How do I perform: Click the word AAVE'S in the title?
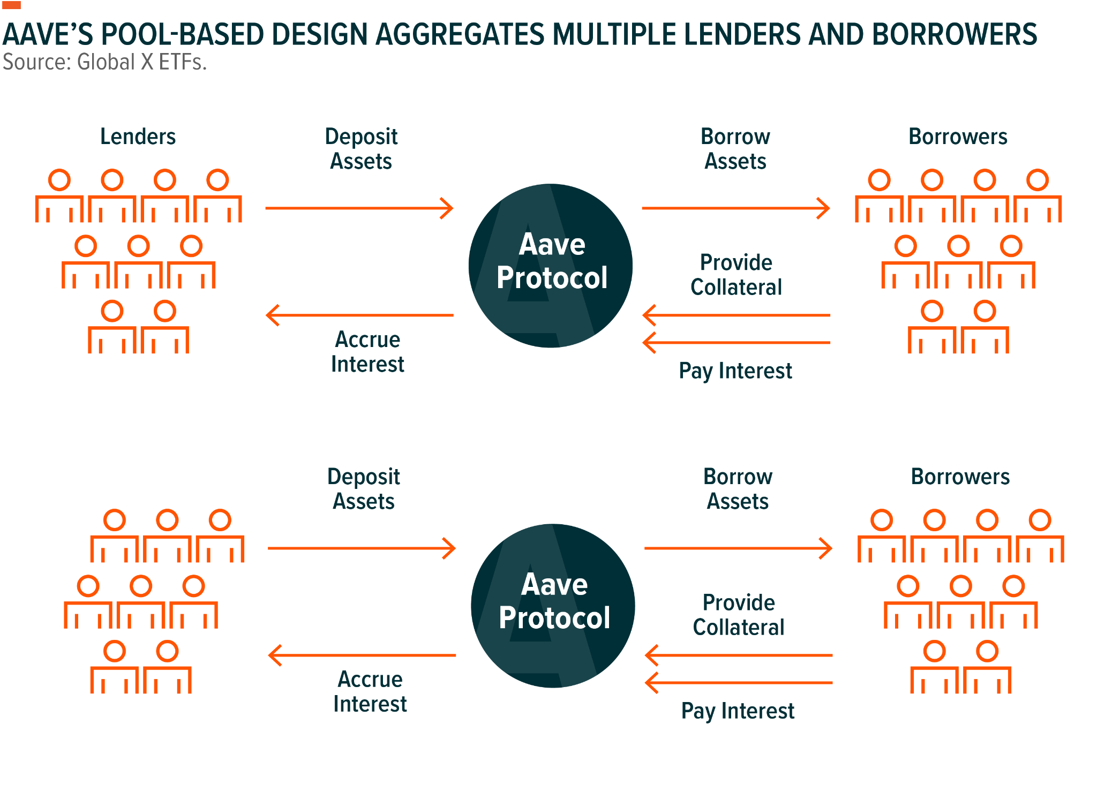point(48,34)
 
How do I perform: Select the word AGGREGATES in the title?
point(460,34)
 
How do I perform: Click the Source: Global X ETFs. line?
point(104,62)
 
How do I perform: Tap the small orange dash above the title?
point(11,5)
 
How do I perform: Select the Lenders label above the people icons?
point(138,137)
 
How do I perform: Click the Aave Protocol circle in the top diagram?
point(551,265)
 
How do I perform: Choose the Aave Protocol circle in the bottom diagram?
point(553,605)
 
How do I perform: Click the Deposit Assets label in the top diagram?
point(361,149)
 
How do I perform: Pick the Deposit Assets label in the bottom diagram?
point(364,489)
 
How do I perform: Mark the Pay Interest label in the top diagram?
point(735,371)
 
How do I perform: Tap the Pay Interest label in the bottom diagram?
point(738,711)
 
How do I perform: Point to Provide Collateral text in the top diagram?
point(736,275)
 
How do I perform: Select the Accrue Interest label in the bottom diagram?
point(370,691)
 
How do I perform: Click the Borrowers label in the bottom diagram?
point(960,477)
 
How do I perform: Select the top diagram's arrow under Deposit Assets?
point(359,208)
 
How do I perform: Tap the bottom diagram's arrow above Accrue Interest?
point(362,655)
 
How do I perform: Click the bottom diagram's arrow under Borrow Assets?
point(738,548)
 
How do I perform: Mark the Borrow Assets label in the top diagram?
point(735,149)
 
